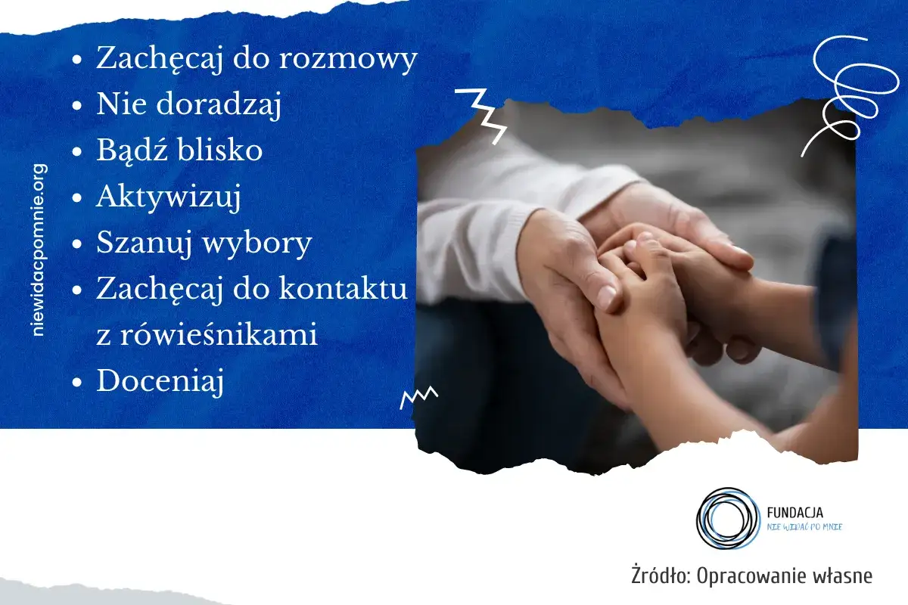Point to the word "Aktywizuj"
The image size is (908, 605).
point(168,197)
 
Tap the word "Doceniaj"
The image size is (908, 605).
point(160,380)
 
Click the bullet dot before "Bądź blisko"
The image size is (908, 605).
point(76,151)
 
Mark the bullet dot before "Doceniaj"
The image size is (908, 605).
point(76,381)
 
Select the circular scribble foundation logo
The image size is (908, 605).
point(726,519)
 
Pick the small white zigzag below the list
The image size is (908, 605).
point(418,396)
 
